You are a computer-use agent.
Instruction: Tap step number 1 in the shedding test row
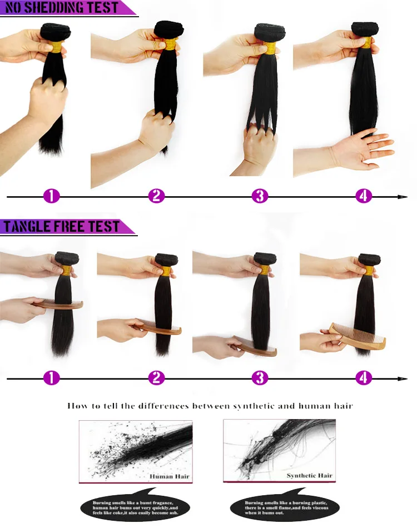(52, 196)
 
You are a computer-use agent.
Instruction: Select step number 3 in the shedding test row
(260, 196)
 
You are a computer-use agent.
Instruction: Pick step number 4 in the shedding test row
(364, 196)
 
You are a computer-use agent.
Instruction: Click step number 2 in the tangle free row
(157, 378)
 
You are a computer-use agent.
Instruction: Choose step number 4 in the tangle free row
(364, 378)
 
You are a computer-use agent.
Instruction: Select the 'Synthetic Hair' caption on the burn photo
(309, 476)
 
